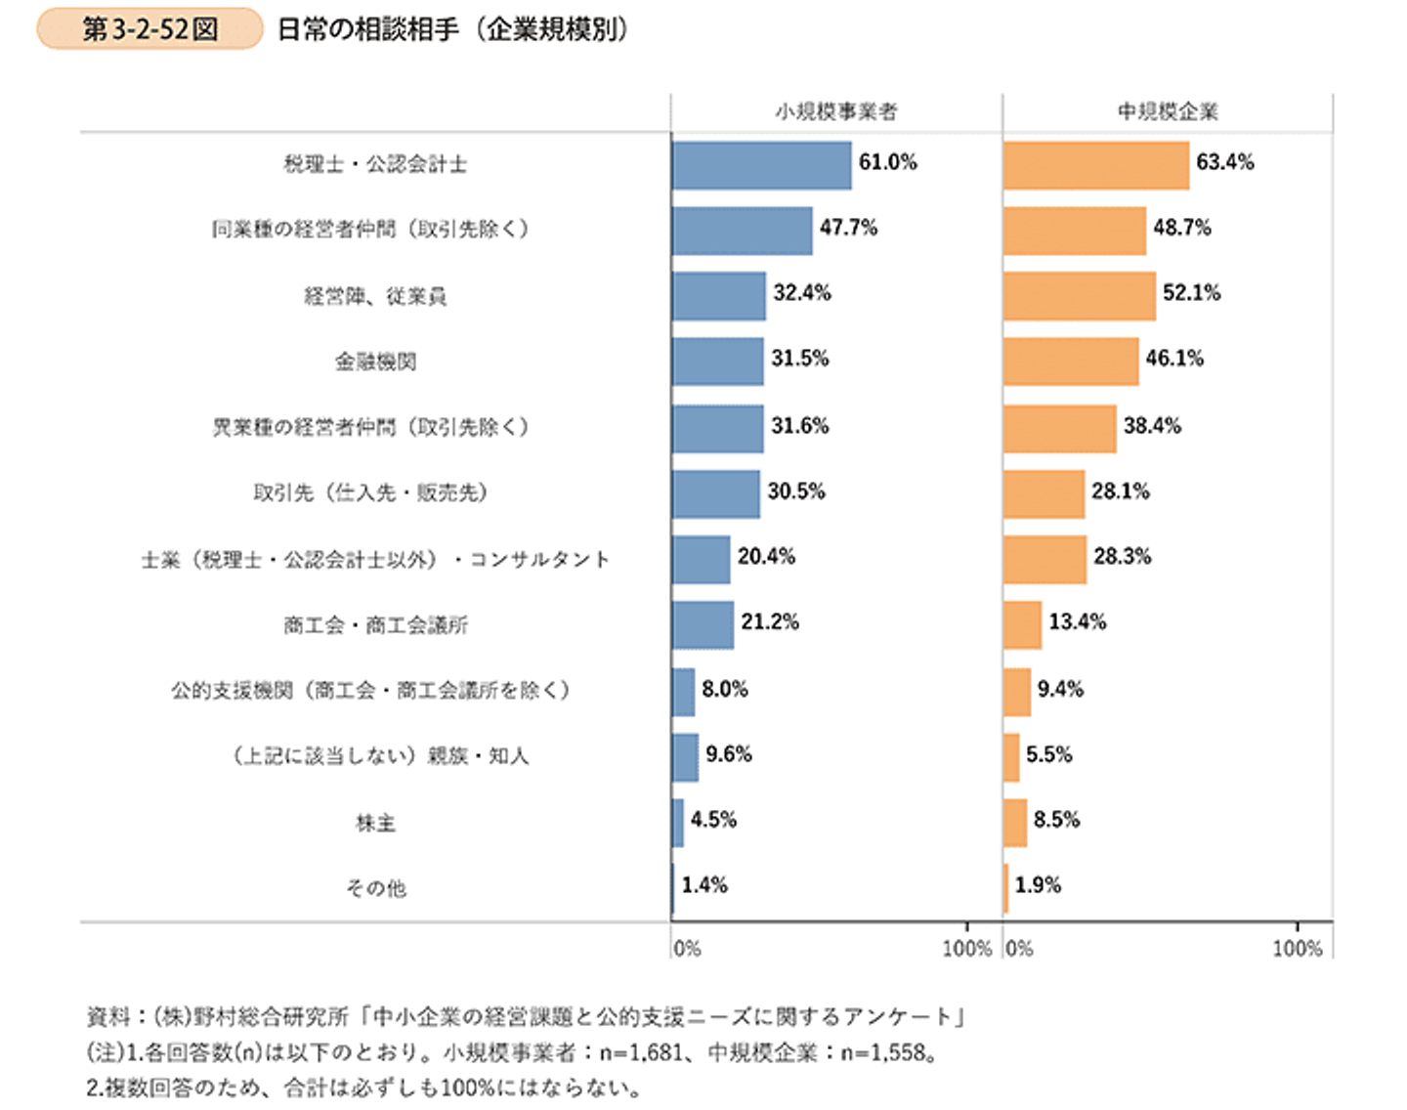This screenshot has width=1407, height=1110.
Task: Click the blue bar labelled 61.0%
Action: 761,165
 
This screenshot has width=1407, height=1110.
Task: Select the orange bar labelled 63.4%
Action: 1095,165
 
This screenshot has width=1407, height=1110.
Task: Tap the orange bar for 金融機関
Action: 1070,362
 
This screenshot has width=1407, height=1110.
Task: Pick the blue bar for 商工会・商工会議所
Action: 703,624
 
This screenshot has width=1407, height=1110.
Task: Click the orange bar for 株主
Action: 1015,822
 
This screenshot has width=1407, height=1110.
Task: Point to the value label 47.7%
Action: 848,228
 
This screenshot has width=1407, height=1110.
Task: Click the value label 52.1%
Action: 1191,292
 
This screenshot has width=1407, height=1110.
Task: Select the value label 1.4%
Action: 704,885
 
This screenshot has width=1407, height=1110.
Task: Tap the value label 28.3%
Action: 1122,556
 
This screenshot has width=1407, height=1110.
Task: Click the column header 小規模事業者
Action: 835,111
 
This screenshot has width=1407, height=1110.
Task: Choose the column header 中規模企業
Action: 1168,111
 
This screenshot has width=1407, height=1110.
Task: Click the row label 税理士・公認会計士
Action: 375,164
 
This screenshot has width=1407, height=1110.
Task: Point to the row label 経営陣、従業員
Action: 375,295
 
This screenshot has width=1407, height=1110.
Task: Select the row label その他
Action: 375,888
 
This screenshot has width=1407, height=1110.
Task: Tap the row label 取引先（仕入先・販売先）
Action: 370,492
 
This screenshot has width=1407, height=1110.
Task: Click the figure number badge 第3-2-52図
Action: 149,29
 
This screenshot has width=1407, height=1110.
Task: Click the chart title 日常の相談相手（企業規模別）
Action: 451,29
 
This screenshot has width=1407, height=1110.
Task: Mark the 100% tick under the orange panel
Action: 1297,948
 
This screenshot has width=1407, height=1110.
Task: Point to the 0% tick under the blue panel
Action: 687,948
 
